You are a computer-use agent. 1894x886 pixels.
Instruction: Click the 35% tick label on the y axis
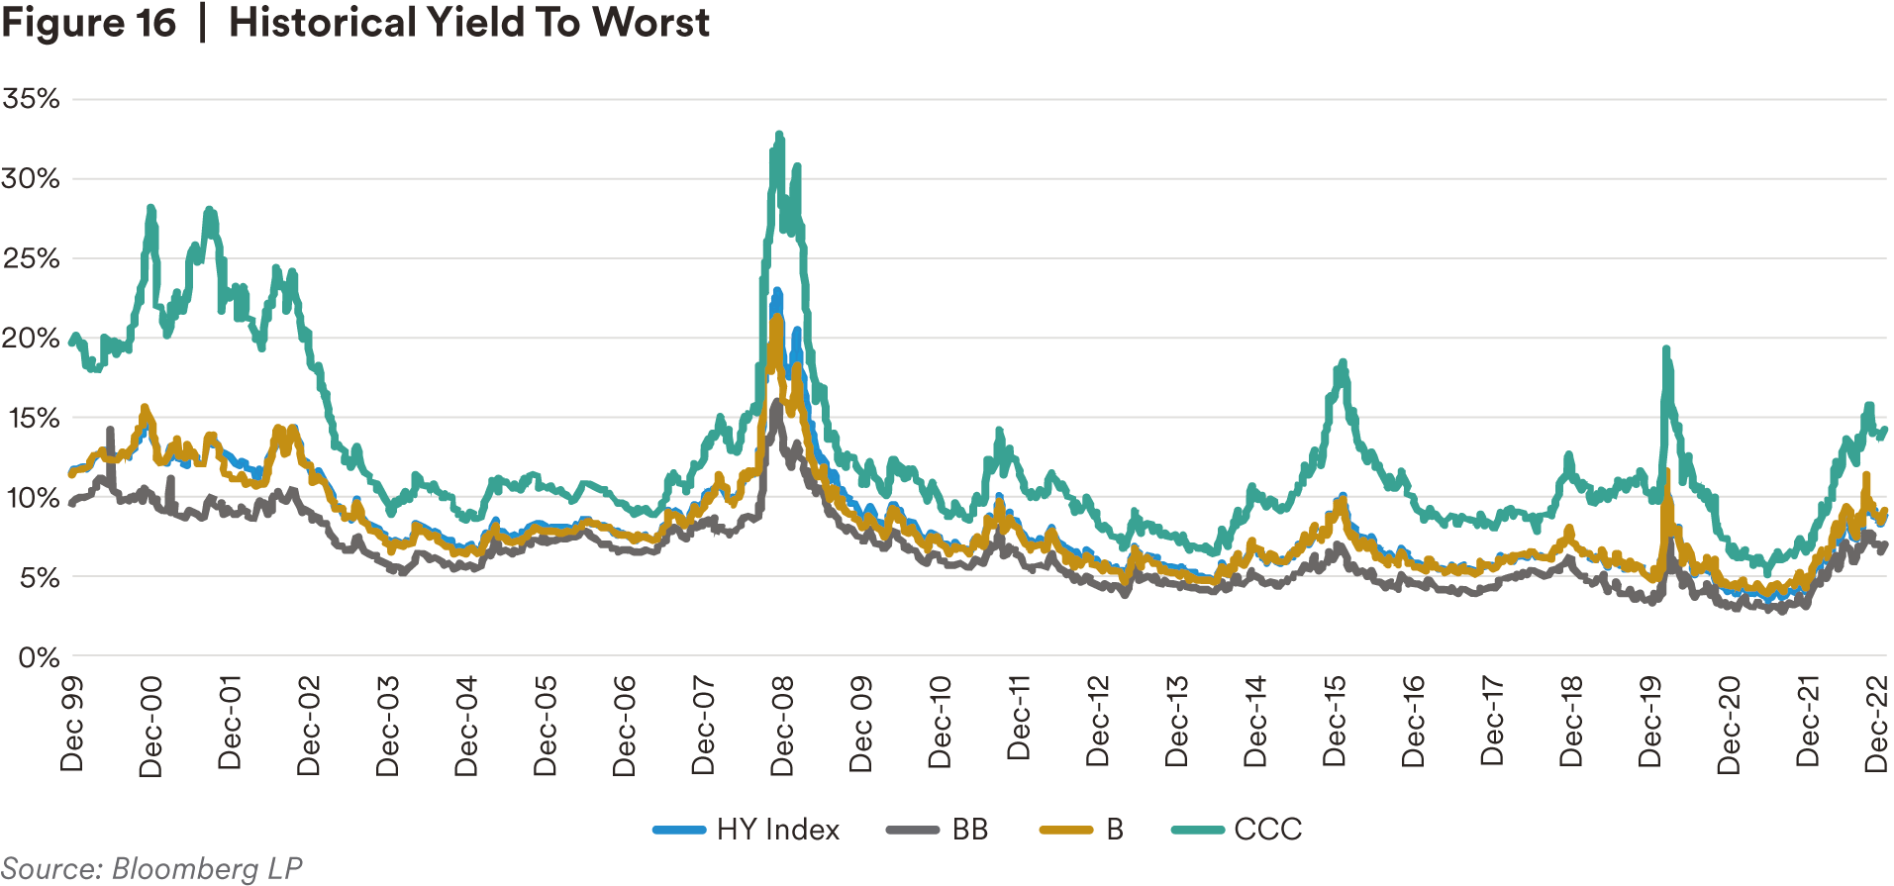click(x=31, y=98)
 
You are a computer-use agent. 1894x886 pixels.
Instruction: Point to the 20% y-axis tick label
click(x=31, y=339)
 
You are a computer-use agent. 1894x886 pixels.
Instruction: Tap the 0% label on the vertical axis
click(x=39, y=657)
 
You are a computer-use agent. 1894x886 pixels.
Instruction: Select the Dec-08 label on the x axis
click(x=782, y=726)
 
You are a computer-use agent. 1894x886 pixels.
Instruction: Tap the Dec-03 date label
click(x=387, y=726)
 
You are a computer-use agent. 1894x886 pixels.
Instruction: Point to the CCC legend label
click(x=1267, y=830)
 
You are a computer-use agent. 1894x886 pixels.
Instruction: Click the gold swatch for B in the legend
click(x=1065, y=830)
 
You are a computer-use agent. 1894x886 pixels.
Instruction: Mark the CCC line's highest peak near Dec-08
click(x=779, y=134)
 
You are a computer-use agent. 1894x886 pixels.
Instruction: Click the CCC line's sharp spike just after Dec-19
click(x=1666, y=348)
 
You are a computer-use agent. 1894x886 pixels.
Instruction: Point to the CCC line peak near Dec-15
click(x=1343, y=362)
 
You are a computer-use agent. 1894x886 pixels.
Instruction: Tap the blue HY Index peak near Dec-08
click(x=777, y=291)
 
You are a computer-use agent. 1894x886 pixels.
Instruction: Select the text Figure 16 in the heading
click(x=88, y=23)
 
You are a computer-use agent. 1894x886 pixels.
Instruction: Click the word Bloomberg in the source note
click(x=185, y=869)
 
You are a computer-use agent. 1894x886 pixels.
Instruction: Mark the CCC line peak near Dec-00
click(x=150, y=208)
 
